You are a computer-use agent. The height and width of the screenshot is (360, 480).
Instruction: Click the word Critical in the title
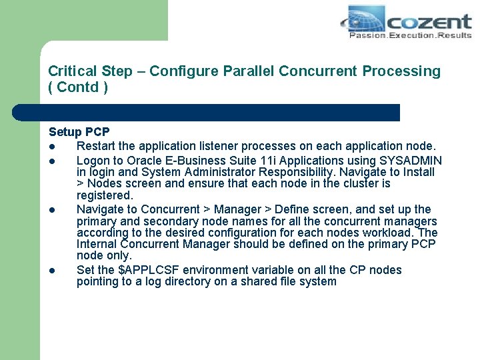pyautogui.click(x=71, y=71)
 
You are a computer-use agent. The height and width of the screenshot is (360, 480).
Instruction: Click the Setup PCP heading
pyautogui.click(x=79, y=133)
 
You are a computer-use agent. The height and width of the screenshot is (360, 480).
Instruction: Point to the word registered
pyautogui.click(x=105, y=195)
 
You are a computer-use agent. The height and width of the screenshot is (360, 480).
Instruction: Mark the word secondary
pyautogui.click(x=169, y=221)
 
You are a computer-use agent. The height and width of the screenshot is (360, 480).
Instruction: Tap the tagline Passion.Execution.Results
pyautogui.click(x=410, y=35)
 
